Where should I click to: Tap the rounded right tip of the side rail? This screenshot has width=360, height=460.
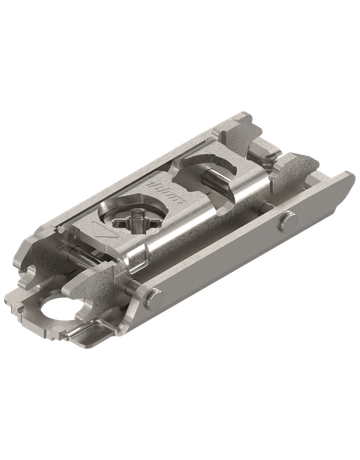point(345,180)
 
